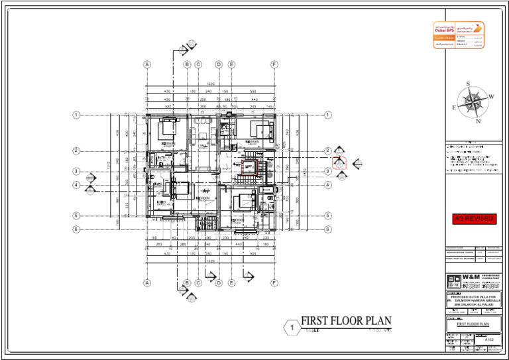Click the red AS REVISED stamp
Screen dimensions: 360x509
pos(473,219)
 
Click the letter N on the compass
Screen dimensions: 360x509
pos(477,122)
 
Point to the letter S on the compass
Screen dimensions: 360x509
pos(469,84)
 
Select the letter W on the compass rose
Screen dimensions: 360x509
pos(491,97)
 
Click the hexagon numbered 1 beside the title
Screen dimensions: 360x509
pos(290,327)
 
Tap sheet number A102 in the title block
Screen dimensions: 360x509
pos(490,339)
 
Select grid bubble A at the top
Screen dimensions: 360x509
pos(147,64)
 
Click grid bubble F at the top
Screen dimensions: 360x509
pos(274,64)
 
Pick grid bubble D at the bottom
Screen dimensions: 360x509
pos(218,282)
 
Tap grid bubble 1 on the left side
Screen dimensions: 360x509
pos(76,115)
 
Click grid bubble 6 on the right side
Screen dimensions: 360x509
pos(327,229)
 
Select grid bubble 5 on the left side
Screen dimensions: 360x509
pos(76,215)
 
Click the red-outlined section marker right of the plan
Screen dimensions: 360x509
pos(339,162)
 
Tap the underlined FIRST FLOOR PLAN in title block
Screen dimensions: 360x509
pos(473,324)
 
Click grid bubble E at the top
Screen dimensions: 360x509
pos(231,64)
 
